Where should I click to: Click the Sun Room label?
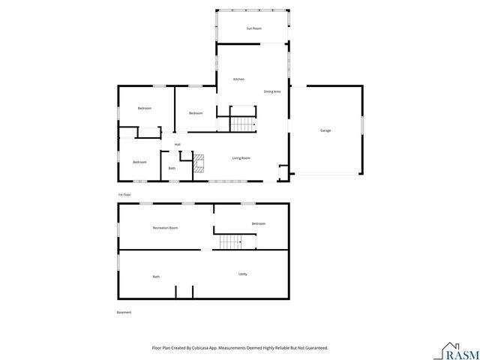point(253,28)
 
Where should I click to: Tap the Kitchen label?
point(238,79)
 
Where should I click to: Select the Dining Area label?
point(271,91)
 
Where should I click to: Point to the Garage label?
point(325,130)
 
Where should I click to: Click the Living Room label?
point(241,158)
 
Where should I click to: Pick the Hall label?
point(178,144)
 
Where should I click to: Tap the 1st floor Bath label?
point(172,168)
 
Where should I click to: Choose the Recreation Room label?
point(165,227)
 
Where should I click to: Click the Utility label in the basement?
point(243,274)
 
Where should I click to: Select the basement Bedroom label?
point(259,223)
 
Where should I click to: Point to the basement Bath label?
point(156,277)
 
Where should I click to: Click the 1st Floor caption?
point(124,194)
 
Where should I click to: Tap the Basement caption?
point(124,313)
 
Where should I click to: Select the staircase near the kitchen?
point(242,124)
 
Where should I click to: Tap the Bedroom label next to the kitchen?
point(196,113)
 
